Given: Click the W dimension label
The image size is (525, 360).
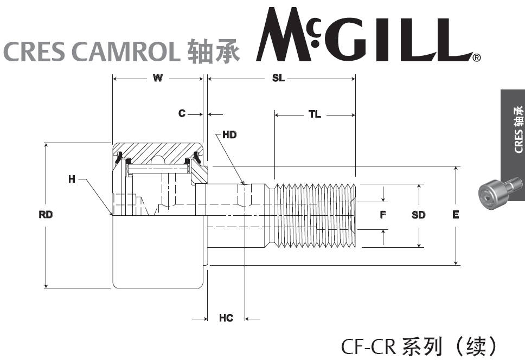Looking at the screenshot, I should tap(157, 79).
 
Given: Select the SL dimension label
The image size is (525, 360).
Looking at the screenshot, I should tap(278, 79).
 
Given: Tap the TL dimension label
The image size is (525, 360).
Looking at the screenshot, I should tap(315, 114).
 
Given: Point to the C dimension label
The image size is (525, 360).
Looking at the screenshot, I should tap(182, 114).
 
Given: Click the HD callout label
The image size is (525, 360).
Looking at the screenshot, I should tap(230, 134).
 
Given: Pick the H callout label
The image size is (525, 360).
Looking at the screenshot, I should tap(72, 179).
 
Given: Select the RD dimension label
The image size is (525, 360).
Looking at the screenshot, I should tap(46, 215).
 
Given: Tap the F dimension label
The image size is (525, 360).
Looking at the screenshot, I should tap(383, 215).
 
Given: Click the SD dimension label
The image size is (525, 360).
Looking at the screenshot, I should tap(418, 215).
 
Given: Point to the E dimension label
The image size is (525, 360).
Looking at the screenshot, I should tap(456, 215).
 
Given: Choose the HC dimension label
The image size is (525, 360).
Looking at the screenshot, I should tap(226, 318).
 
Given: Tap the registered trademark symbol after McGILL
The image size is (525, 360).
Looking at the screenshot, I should tap(476, 57).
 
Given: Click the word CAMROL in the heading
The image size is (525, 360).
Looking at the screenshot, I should tap(125, 52).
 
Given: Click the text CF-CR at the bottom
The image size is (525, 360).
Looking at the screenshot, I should tap(369, 345).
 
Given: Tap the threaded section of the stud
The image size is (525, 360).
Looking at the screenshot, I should tap(315, 215).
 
